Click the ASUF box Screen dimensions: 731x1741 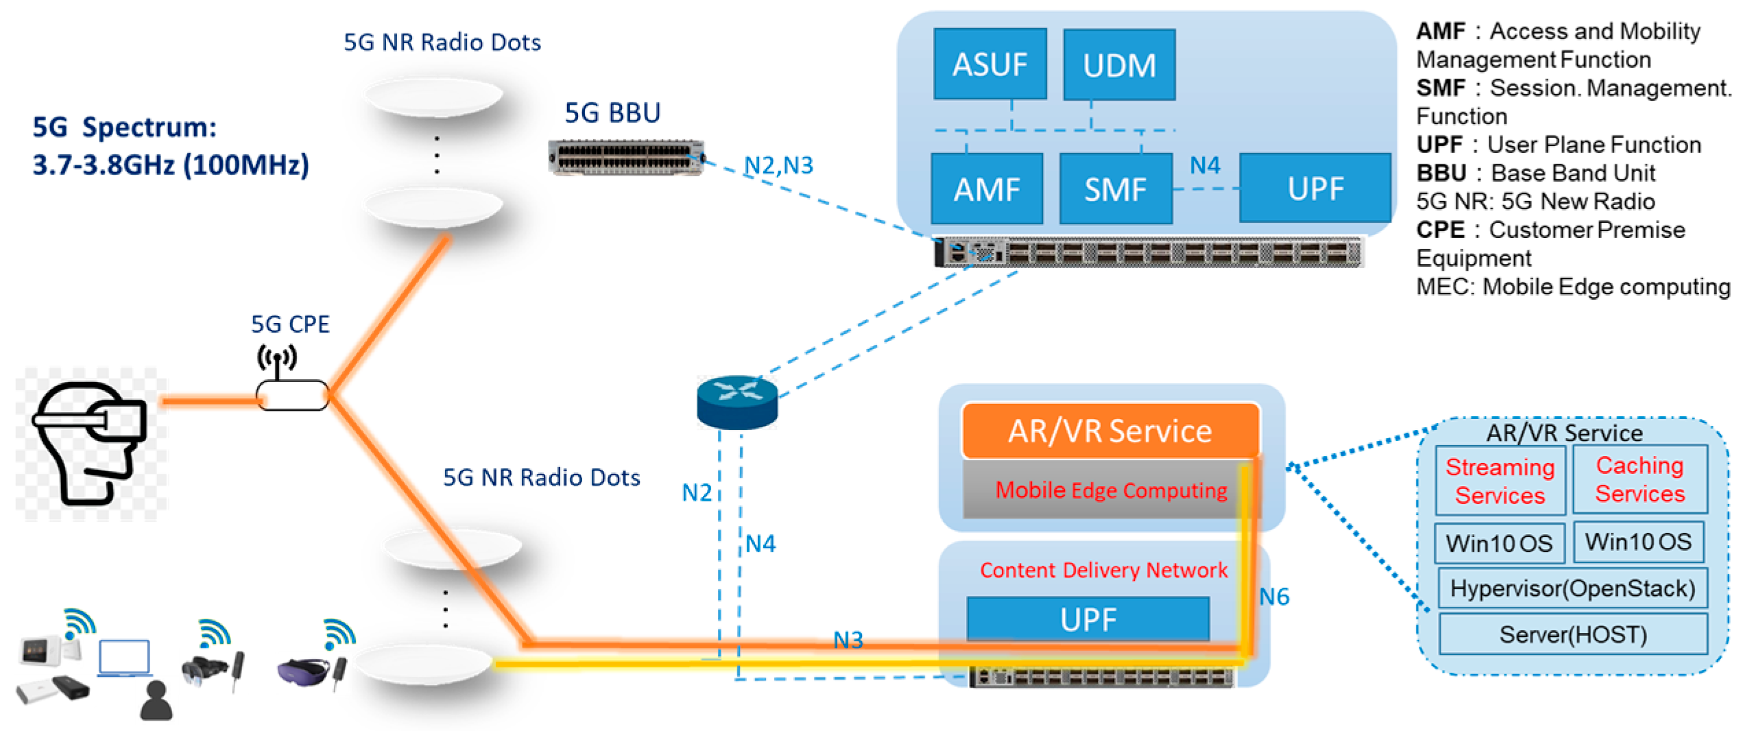point(989,64)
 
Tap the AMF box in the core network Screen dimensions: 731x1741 point(987,189)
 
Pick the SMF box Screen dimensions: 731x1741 point(1115,189)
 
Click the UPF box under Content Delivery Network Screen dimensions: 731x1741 point(1088,619)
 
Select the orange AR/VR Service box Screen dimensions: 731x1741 point(1110,431)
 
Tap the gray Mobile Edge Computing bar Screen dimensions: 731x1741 point(1110,490)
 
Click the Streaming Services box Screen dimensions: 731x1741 point(1500,481)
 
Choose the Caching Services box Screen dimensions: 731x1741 point(1639,479)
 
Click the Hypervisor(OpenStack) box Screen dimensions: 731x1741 point(1572,588)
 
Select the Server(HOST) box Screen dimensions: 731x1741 point(1572,634)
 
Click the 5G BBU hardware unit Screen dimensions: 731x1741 point(626,158)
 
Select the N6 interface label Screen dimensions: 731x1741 point(1274,597)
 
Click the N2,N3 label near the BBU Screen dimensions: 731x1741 point(778,165)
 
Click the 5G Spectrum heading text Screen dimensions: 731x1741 point(125,128)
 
